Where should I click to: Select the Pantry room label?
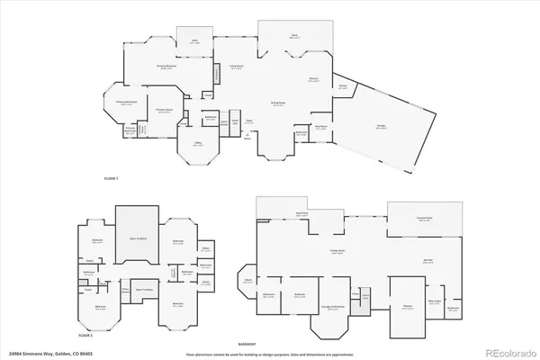[343, 86]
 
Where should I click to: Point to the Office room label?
[198, 143]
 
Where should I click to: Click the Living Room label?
[236, 67]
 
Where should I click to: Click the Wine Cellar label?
[434, 301]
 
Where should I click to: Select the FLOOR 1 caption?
[111, 179]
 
